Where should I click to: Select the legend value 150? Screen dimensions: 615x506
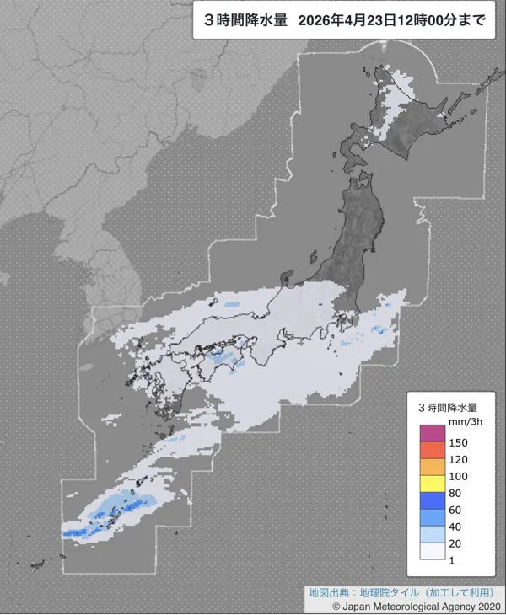click(x=459, y=442)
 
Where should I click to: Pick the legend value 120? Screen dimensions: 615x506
click(x=459, y=460)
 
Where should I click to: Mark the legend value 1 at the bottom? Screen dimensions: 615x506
click(x=453, y=559)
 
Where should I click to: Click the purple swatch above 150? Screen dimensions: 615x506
click(x=432, y=433)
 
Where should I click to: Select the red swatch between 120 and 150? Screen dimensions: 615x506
click(x=432, y=451)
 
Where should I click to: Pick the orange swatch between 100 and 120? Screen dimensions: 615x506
click(x=432, y=468)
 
